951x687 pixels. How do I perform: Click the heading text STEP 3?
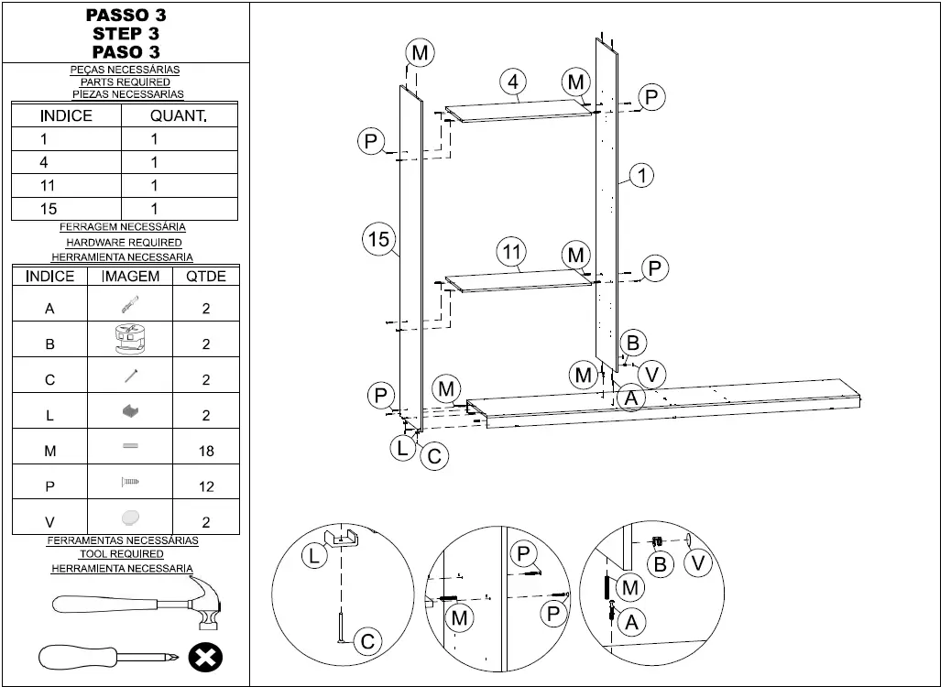pos(126,34)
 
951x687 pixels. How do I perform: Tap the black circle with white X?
pos(205,658)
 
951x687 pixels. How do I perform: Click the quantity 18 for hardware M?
pos(206,451)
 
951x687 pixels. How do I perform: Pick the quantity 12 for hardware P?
pos(206,486)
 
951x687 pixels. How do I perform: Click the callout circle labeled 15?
pos(378,240)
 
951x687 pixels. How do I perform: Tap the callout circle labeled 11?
pos(512,251)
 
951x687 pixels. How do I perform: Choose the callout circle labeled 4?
pos(513,82)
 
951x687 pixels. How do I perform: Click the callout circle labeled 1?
pos(642,175)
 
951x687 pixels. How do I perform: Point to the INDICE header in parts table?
pos(66,115)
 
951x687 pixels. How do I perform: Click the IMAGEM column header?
pos(130,276)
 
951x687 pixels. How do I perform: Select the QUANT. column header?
pos(179,115)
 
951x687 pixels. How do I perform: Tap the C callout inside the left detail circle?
pos(367,642)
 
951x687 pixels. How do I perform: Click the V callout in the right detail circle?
pos(698,562)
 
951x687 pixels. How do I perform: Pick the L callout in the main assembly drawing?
pos(403,448)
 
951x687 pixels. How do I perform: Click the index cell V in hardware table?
pos(49,521)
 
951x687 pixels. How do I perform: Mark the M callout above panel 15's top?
pos(420,53)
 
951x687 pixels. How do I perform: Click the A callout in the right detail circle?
pos(630,622)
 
